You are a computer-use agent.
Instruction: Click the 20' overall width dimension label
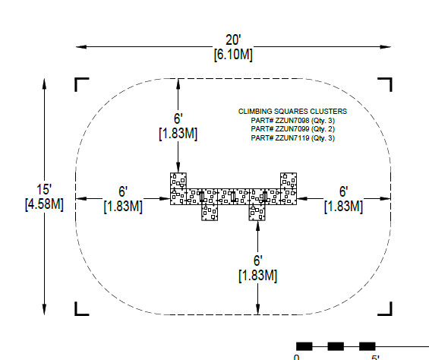tap(233, 40)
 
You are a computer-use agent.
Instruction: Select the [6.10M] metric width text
tap(233, 55)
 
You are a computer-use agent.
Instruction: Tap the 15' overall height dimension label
tap(44, 189)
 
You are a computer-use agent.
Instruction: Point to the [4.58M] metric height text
tap(44, 204)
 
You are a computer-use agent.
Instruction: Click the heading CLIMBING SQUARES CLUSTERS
tap(292, 112)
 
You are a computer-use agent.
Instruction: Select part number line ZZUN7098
tap(293, 121)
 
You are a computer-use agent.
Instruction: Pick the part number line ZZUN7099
tap(293, 129)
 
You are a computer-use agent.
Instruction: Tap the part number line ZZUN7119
tap(293, 137)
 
